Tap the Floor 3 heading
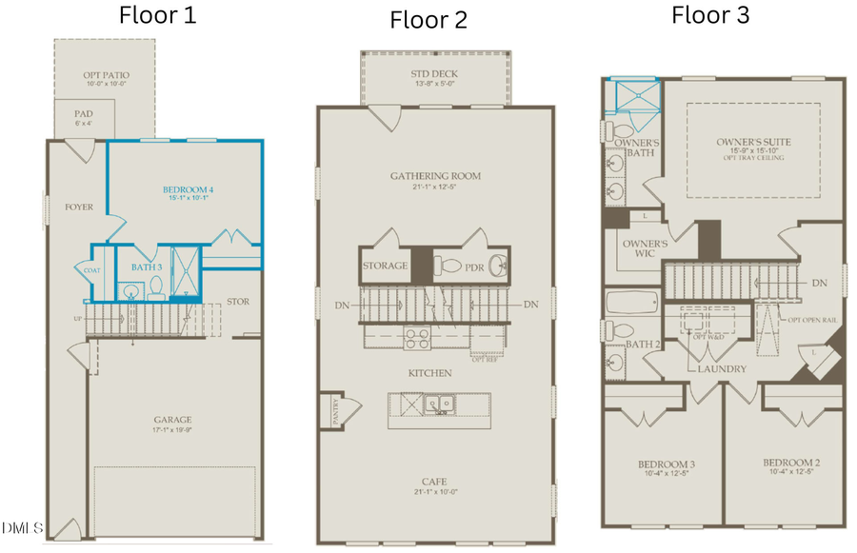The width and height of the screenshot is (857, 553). point(711,14)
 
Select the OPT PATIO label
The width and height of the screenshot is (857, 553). point(105,75)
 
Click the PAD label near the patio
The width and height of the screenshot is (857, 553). point(84,113)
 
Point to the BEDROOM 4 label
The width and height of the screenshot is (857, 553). point(187,189)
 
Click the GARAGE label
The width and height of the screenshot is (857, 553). point(173,419)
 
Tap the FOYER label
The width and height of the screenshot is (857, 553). point(78,207)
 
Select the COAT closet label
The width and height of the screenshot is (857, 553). point(92,269)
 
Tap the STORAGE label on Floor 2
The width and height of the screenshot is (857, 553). point(385,267)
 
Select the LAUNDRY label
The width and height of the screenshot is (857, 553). point(721,368)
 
